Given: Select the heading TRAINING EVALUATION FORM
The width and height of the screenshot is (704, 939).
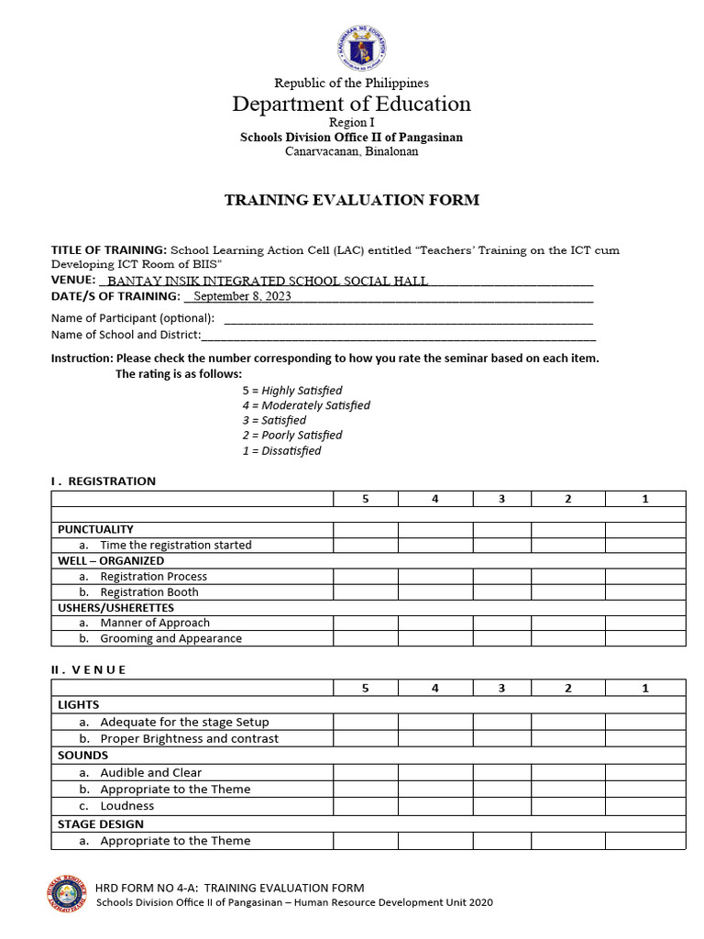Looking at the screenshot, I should [x=351, y=200].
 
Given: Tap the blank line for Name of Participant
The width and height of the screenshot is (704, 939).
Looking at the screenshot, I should [x=408, y=319].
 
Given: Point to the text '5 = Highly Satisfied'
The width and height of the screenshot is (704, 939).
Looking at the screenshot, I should [x=292, y=391].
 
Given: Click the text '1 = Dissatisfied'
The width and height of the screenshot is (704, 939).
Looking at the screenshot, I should [x=281, y=450].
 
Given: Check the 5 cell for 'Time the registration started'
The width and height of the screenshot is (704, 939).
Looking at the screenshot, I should [x=365, y=545].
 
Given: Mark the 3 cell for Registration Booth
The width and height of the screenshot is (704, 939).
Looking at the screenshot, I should [x=501, y=591].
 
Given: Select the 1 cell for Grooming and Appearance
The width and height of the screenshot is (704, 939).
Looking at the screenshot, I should [x=644, y=638].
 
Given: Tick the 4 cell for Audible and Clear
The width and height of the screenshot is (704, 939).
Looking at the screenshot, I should [x=434, y=772].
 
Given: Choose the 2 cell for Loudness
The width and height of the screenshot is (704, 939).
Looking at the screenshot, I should [x=567, y=806].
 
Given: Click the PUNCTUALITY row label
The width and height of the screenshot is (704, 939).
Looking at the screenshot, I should [x=95, y=529].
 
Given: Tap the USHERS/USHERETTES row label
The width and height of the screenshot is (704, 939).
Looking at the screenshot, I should [x=115, y=607].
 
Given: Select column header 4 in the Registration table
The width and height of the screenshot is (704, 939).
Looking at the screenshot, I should [x=434, y=498].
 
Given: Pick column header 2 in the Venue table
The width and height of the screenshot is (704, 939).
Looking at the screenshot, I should [x=567, y=688].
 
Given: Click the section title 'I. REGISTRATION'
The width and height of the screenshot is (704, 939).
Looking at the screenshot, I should [x=103, y=481].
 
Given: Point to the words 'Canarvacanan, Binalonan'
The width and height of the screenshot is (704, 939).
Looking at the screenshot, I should [x=351, y=151].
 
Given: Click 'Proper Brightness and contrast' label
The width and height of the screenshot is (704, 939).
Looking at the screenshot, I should [x=189, y=738].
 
